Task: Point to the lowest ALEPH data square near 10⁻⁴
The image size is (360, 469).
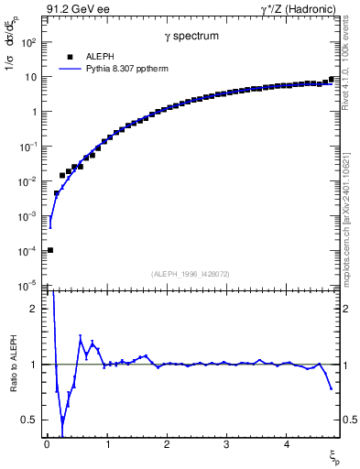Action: [x=50, y=250]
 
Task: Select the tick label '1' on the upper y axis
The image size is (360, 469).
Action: [x=33, y=112]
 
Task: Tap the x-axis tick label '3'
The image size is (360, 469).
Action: [x=226, y=444]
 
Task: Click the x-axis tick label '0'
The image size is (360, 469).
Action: [x=47, y=444]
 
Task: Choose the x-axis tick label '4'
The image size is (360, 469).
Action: [x=286, y=444]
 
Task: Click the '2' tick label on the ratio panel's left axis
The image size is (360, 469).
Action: [x=35, y=309]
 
